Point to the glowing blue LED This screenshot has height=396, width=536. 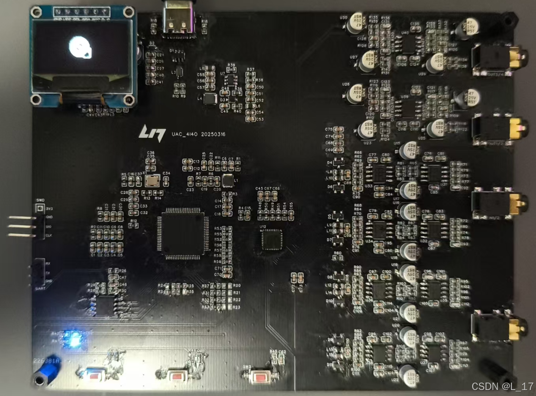tap(72, 339)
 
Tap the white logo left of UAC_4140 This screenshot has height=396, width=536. tap(153, 133)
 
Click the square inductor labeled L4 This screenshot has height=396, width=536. tap(210, 98)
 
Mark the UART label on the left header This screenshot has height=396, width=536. tap(40, 288)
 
